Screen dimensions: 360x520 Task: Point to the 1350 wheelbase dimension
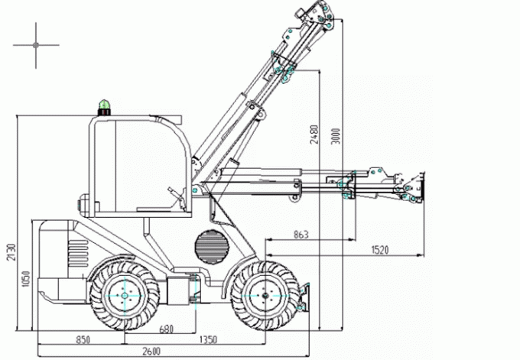point(207,339)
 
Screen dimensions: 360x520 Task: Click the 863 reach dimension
point(301,235)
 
